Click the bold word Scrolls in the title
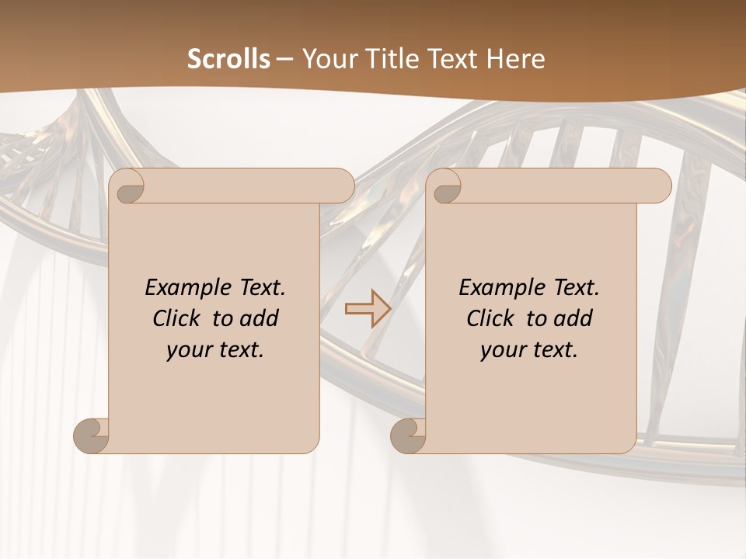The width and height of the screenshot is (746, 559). [x=229, y=59]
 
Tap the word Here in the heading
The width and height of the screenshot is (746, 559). [x=514, y=59]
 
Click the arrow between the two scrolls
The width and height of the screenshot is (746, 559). [x=368, y=309]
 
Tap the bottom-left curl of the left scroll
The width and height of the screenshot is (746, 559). [x=92, y=436]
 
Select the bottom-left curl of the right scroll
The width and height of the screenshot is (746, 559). [x=408, y=436]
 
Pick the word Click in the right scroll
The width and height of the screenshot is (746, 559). [x=491, y=318]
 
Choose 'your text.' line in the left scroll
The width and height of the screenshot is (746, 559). [x=215, y=349]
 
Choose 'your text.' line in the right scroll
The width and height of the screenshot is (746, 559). [x=529, y=349]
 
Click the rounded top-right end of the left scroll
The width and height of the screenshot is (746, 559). [x=343, y=186]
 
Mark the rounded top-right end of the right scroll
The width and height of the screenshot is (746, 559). [x=660, y=186]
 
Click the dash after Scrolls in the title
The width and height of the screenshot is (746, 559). [x=284, y=60]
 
